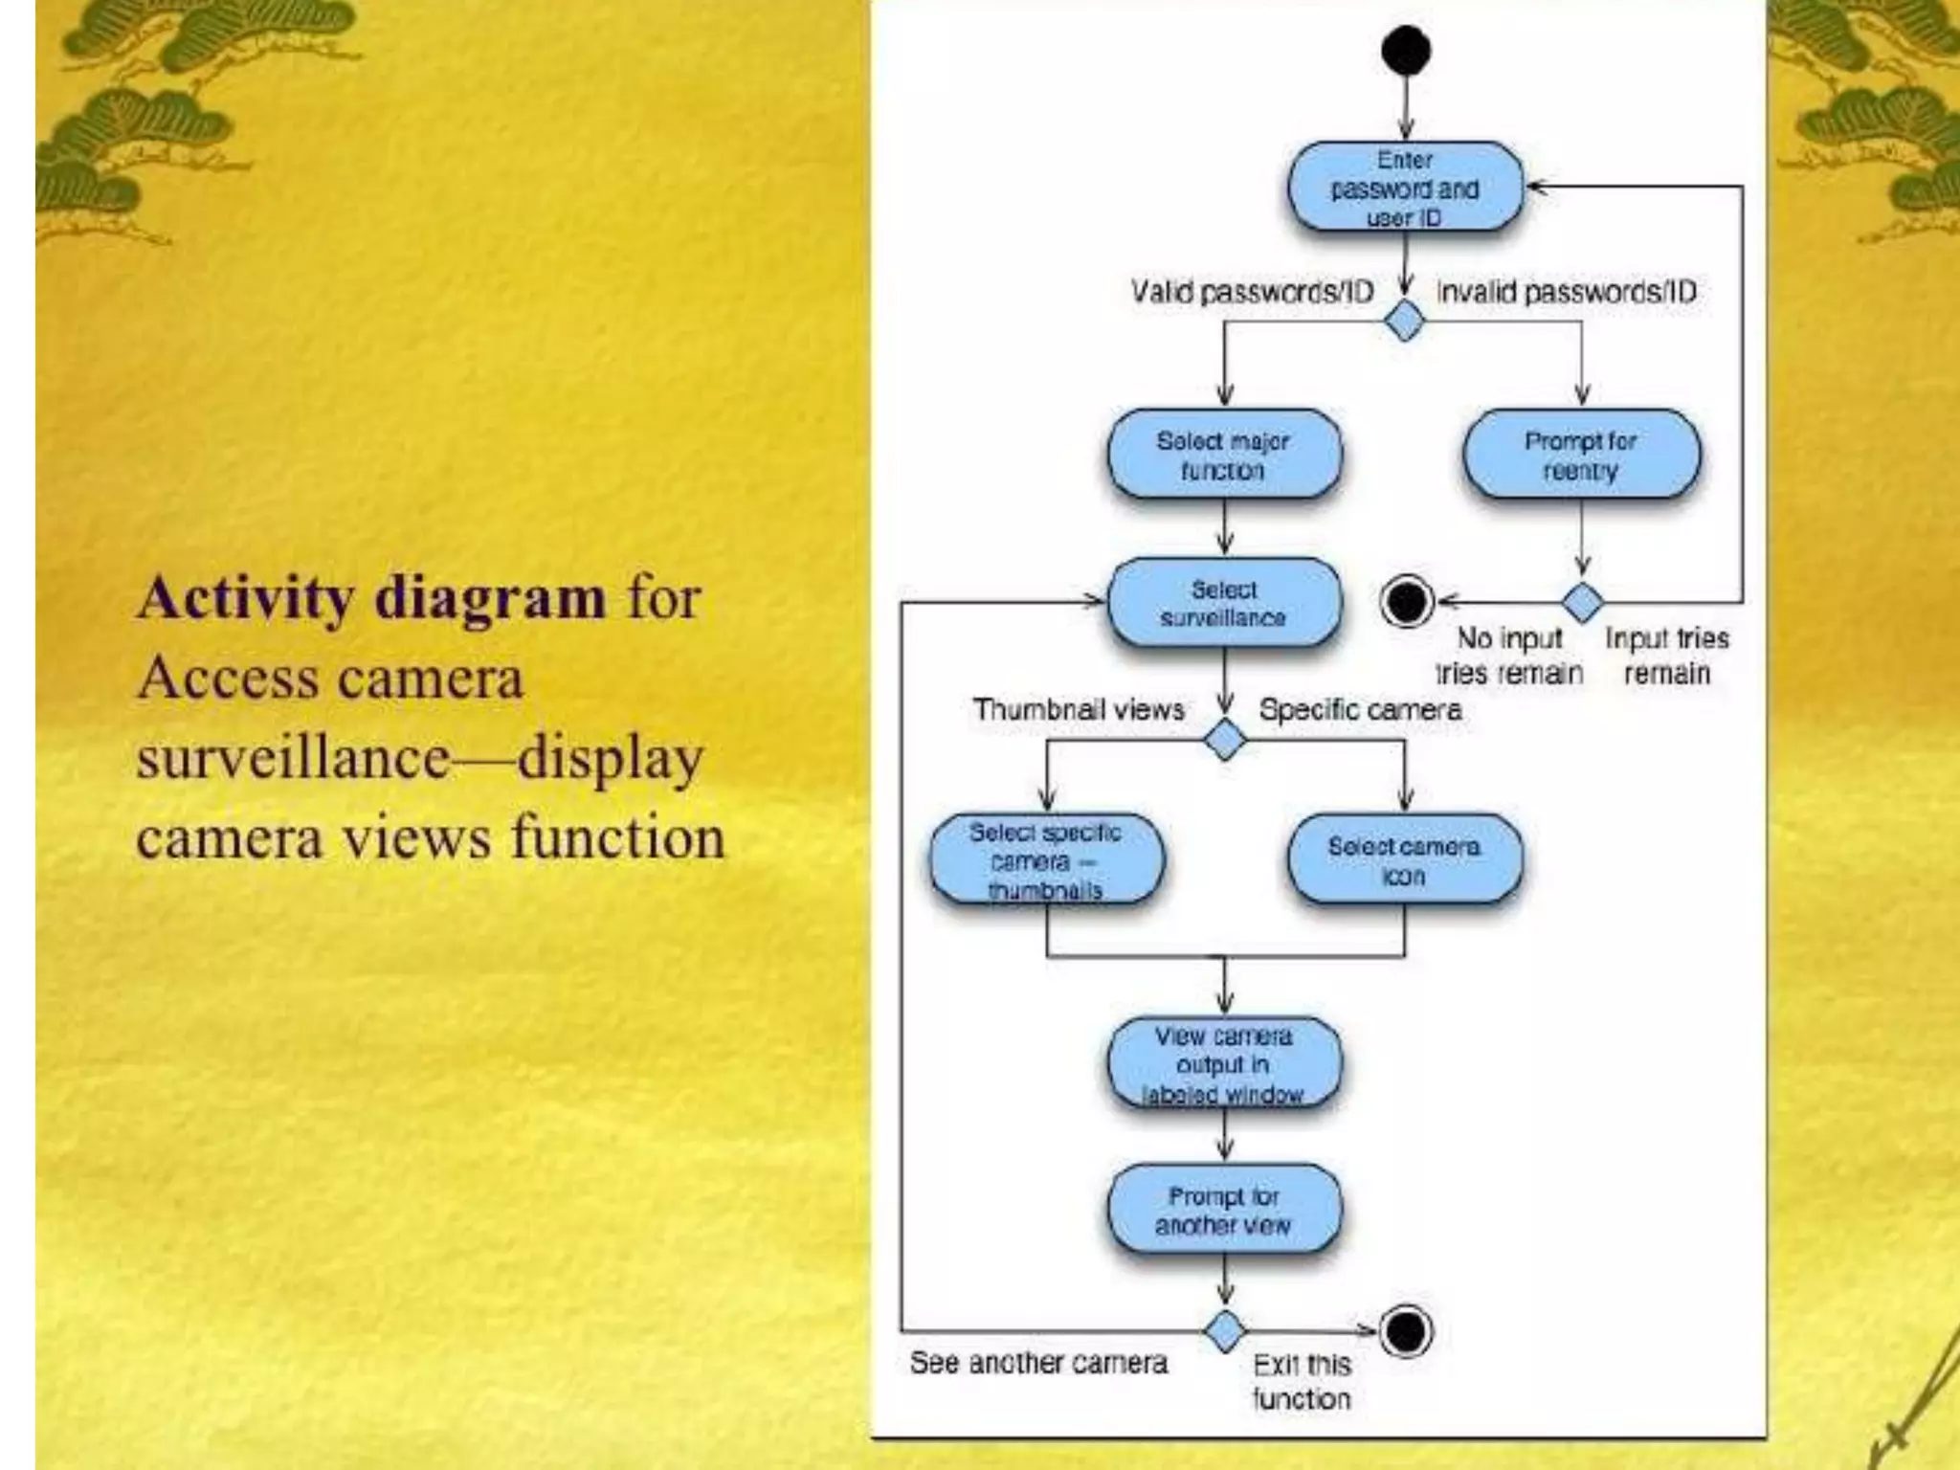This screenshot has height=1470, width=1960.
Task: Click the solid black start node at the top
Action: pos(1405,51)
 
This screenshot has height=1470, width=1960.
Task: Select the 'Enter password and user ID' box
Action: pos(1404,188)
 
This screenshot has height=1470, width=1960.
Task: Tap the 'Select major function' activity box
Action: pos(1224,456)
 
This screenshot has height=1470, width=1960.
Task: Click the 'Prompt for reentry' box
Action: pos(1581,456)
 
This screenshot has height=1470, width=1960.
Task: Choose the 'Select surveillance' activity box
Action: pos(1224,603)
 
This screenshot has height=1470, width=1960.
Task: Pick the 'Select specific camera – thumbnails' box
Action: pos(1046,860)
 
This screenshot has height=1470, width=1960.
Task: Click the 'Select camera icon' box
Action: pos(1404,860)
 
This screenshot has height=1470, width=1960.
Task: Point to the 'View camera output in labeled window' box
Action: pos(1224,1064)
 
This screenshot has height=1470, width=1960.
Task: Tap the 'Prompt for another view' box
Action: pos(1224,1211)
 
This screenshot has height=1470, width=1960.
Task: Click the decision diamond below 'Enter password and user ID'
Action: pos(1405,321)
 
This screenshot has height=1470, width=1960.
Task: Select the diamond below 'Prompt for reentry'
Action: pos(1582,602)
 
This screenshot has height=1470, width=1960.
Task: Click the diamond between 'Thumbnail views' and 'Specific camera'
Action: pos(1224,740)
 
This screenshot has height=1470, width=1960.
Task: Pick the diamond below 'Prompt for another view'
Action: pos(1224,1330)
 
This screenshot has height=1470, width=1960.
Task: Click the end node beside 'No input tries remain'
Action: pos(1407,602)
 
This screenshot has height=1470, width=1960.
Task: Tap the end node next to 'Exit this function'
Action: pos(1407,1330)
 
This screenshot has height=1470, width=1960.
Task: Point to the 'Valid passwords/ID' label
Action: pos(1252,291)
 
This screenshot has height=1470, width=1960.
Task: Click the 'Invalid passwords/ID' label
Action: pos(1567,291)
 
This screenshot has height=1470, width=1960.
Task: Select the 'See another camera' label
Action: pos(1038,1362)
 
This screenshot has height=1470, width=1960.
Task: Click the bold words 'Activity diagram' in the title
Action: pos(371,598)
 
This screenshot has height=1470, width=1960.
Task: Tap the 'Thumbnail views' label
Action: pos(1079,709)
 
